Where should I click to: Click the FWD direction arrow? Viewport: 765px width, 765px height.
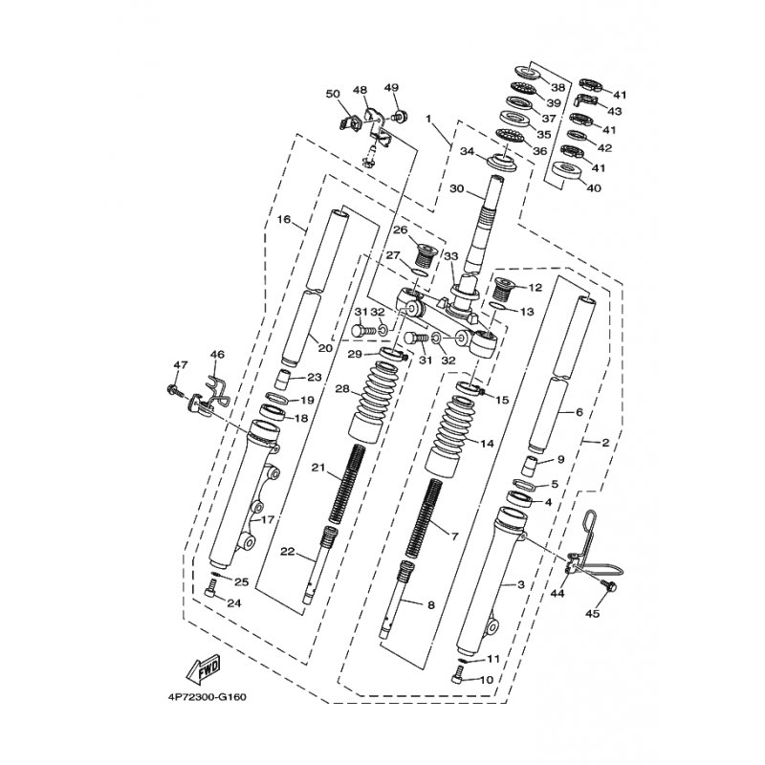(203, 667)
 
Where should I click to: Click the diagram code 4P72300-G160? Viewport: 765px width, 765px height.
(207, 697)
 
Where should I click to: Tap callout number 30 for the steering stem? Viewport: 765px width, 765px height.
(457, 188)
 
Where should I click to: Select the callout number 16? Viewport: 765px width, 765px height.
(283, 219)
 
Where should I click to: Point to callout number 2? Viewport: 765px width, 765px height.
(605, 443)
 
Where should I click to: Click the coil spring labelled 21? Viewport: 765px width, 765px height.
(347, 485)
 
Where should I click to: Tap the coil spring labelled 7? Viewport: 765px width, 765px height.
(424, 519)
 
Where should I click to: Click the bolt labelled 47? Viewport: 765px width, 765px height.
(174, 390)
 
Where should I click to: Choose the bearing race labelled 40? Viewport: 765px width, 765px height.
(567, 172)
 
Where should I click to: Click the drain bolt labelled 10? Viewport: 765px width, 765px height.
(456, 679)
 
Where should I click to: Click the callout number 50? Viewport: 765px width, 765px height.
(333, 93)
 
